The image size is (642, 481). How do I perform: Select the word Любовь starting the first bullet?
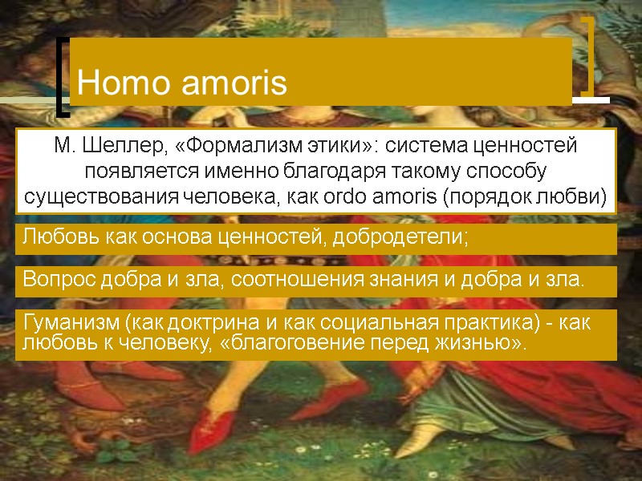pos(55,238)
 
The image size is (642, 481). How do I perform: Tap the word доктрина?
pos(189,324)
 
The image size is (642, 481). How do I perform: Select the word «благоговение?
pos(295,344)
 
